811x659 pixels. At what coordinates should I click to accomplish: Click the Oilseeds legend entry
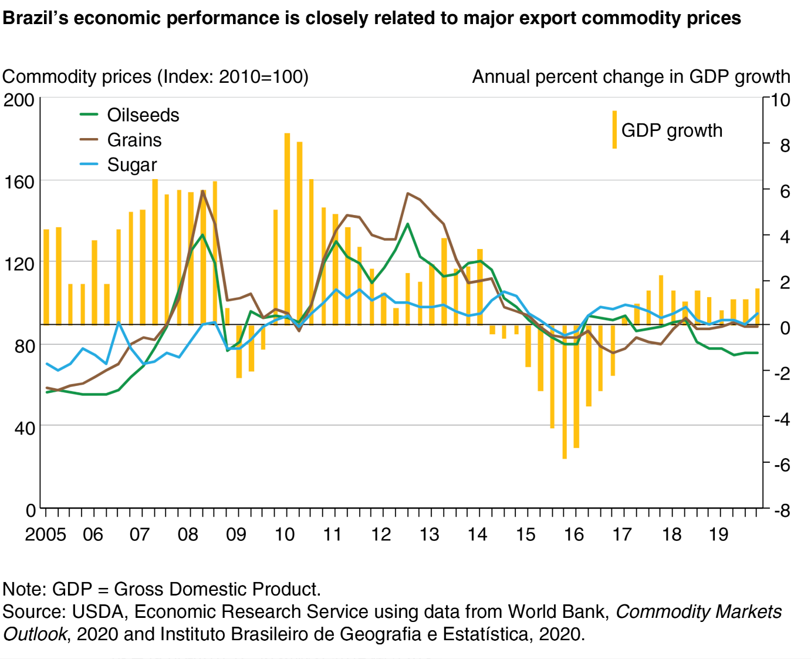click(143, 115)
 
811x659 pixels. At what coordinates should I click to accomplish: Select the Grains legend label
click(134, 140)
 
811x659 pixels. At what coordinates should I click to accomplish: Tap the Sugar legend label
click(132, 165)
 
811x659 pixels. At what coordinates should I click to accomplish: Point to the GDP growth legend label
click(672, 130)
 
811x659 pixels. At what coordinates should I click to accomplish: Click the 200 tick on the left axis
click(19, 100)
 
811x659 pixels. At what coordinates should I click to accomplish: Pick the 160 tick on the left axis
click(19, 182)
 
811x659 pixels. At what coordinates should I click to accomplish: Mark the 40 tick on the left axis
click(24, 428)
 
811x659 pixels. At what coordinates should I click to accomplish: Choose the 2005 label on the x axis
click(45, 534)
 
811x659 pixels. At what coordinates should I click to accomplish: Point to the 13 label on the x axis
click(429, 534)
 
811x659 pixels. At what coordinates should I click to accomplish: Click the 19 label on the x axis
click(718, 534)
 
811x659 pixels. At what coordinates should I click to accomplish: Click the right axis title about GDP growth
click(631, 77)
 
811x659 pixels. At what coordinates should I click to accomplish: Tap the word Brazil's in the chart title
click(35, 18)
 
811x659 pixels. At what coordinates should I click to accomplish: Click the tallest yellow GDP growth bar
click(288, 229)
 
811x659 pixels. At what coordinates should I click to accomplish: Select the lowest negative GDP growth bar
click(565, 392)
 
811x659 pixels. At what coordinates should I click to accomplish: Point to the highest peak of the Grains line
click(203, 191)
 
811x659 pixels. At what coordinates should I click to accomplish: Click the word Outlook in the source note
click(34, 634)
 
